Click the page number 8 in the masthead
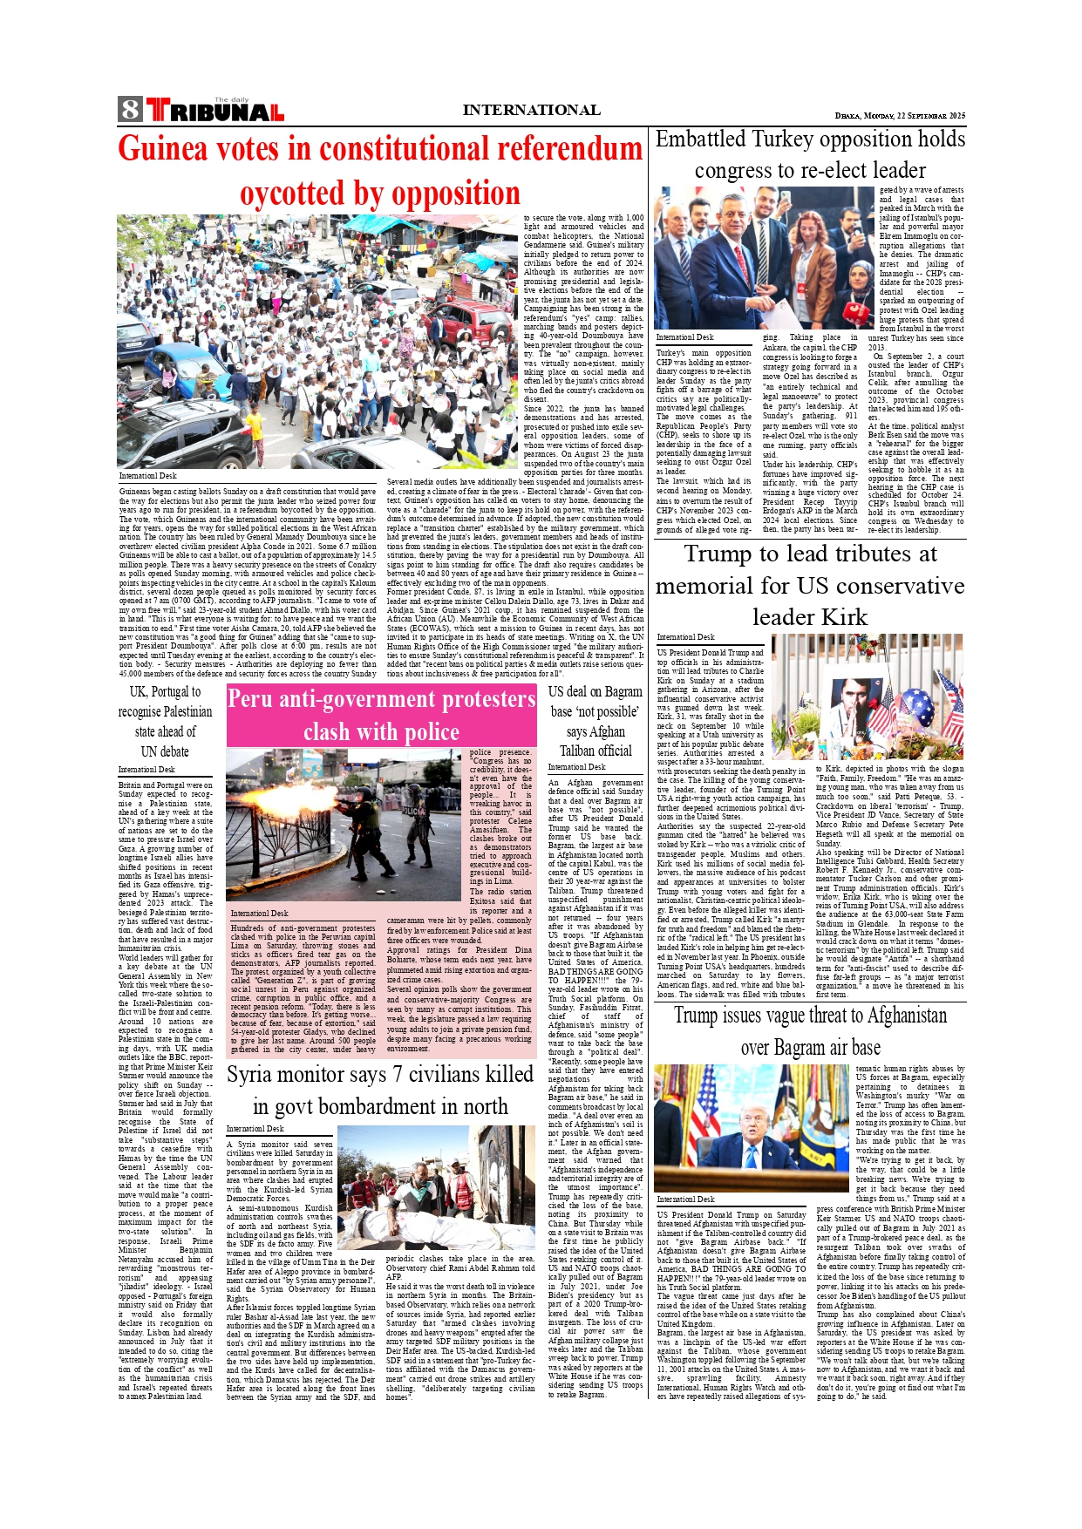pyautogui.click(x=130, y=110)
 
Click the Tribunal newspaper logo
pyautogui.click(x=214, y=111)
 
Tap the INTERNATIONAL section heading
pyautogui.click(x=531, y=110)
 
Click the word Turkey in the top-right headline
pyautogui.click(x=798, y=139)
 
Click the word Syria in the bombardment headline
pyautogui.click(x=257, y=1075)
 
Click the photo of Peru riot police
pyautogui.click(x=345, y=824)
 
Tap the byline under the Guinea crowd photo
pyautogui.click(x=147, y=476)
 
